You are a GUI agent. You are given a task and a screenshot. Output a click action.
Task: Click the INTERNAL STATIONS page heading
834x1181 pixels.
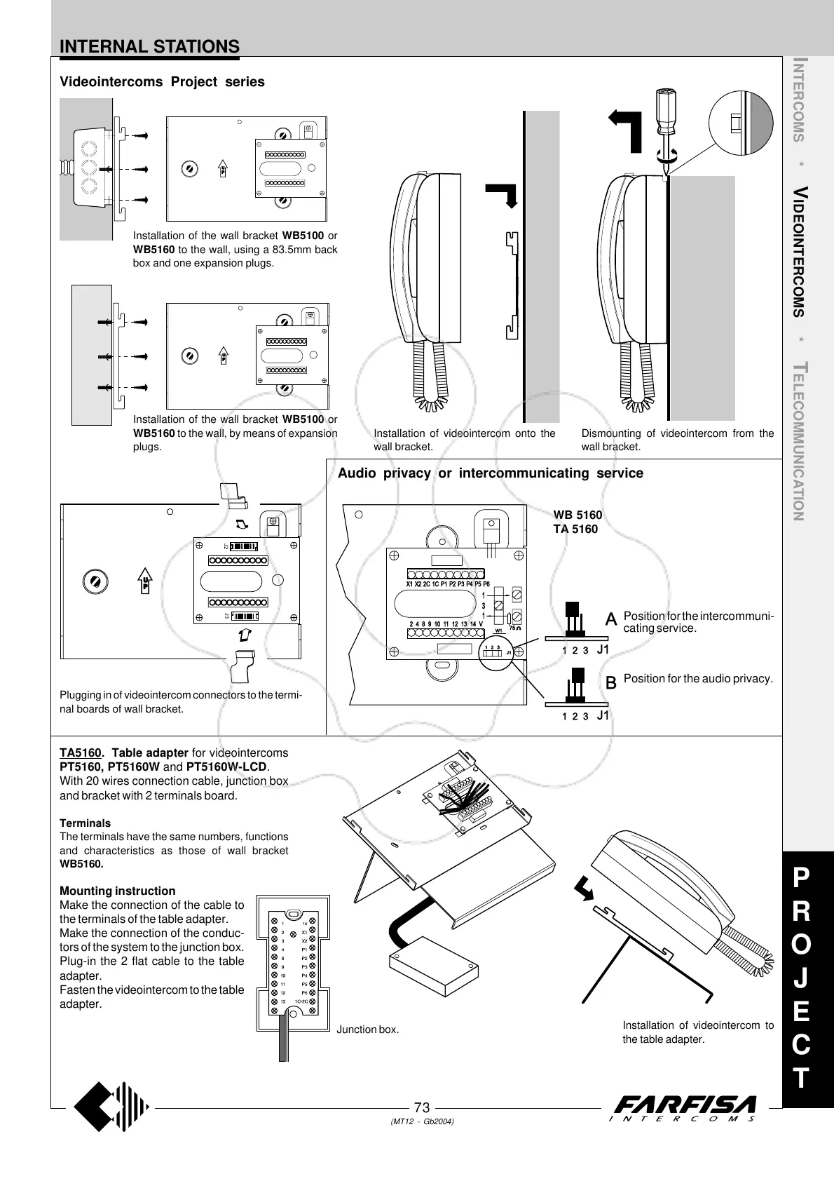[149, 47]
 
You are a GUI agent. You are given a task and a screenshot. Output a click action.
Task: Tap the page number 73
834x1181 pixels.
[421, 1107]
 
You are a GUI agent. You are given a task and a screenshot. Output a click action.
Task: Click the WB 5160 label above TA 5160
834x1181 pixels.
[577, 515]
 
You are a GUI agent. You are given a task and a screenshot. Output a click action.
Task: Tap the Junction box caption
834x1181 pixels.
[367, 1030]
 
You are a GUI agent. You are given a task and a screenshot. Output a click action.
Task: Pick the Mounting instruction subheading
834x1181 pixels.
[118, 891]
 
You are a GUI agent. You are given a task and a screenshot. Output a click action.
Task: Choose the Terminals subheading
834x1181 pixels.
[85, 823]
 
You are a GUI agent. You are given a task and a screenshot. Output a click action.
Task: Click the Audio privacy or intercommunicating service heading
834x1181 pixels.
[491, 473]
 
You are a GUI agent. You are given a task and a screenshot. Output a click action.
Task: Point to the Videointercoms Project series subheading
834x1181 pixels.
[162, 82]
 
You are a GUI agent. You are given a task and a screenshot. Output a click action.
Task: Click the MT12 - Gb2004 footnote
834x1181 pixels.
[422, 1122]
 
